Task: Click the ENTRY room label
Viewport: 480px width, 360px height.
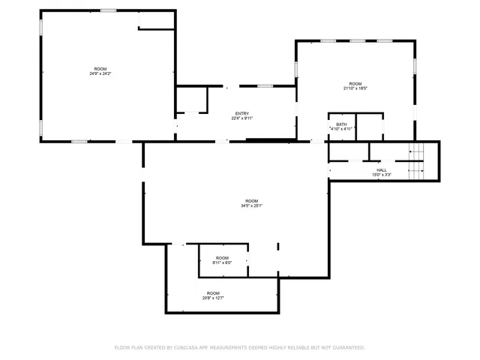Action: (x=241, y=113)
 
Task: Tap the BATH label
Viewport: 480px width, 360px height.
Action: (x=341, y=124)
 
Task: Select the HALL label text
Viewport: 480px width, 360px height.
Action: (x=382, y=170)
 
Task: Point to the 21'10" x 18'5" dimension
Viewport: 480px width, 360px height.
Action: (x=355, y=88)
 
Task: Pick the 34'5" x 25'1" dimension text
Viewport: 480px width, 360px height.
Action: (x=251, y=205)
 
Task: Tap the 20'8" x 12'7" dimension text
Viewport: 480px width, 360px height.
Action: (x=213, y=298)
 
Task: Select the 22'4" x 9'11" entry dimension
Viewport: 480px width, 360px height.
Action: (x=241, y=118)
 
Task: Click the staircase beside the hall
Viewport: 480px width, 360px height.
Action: (x=416, y=160)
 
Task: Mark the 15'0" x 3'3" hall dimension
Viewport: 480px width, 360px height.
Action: (x=382, y=175)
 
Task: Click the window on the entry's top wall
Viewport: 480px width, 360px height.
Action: (x=265, y=86)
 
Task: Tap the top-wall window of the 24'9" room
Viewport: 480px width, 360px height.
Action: (x=109, y=10)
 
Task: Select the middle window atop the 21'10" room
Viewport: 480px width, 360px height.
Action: (x=356, y=40)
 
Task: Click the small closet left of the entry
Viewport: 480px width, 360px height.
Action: (x=191, y=100)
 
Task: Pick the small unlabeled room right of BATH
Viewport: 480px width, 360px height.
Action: (x=369, y=126)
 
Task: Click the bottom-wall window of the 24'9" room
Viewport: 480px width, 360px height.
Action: (x=79, y=141)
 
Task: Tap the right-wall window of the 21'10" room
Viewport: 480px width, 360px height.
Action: (x=415, y=66)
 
